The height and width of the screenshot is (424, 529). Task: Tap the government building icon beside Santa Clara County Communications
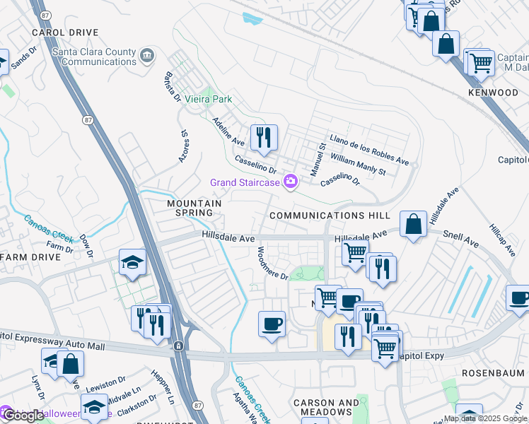coord(147,56)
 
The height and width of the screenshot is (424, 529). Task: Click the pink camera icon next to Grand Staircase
coord(290,183)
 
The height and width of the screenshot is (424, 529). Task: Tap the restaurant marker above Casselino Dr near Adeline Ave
coord(264,138)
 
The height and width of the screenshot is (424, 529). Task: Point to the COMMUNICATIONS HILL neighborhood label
coord(329,215)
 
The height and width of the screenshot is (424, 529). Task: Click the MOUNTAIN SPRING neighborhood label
coord(190,208)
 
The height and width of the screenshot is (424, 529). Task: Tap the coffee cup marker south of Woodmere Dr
coord(272,324)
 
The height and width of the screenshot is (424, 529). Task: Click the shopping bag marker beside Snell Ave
coord(414,225)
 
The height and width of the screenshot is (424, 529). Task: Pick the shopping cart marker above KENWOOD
coord(481,62)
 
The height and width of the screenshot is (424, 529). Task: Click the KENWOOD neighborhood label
coord(493,93)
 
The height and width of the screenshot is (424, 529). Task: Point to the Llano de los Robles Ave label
coord(369,150)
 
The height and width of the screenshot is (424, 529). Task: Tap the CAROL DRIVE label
coord(64,33)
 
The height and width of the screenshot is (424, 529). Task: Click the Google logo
coord(23,416)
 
